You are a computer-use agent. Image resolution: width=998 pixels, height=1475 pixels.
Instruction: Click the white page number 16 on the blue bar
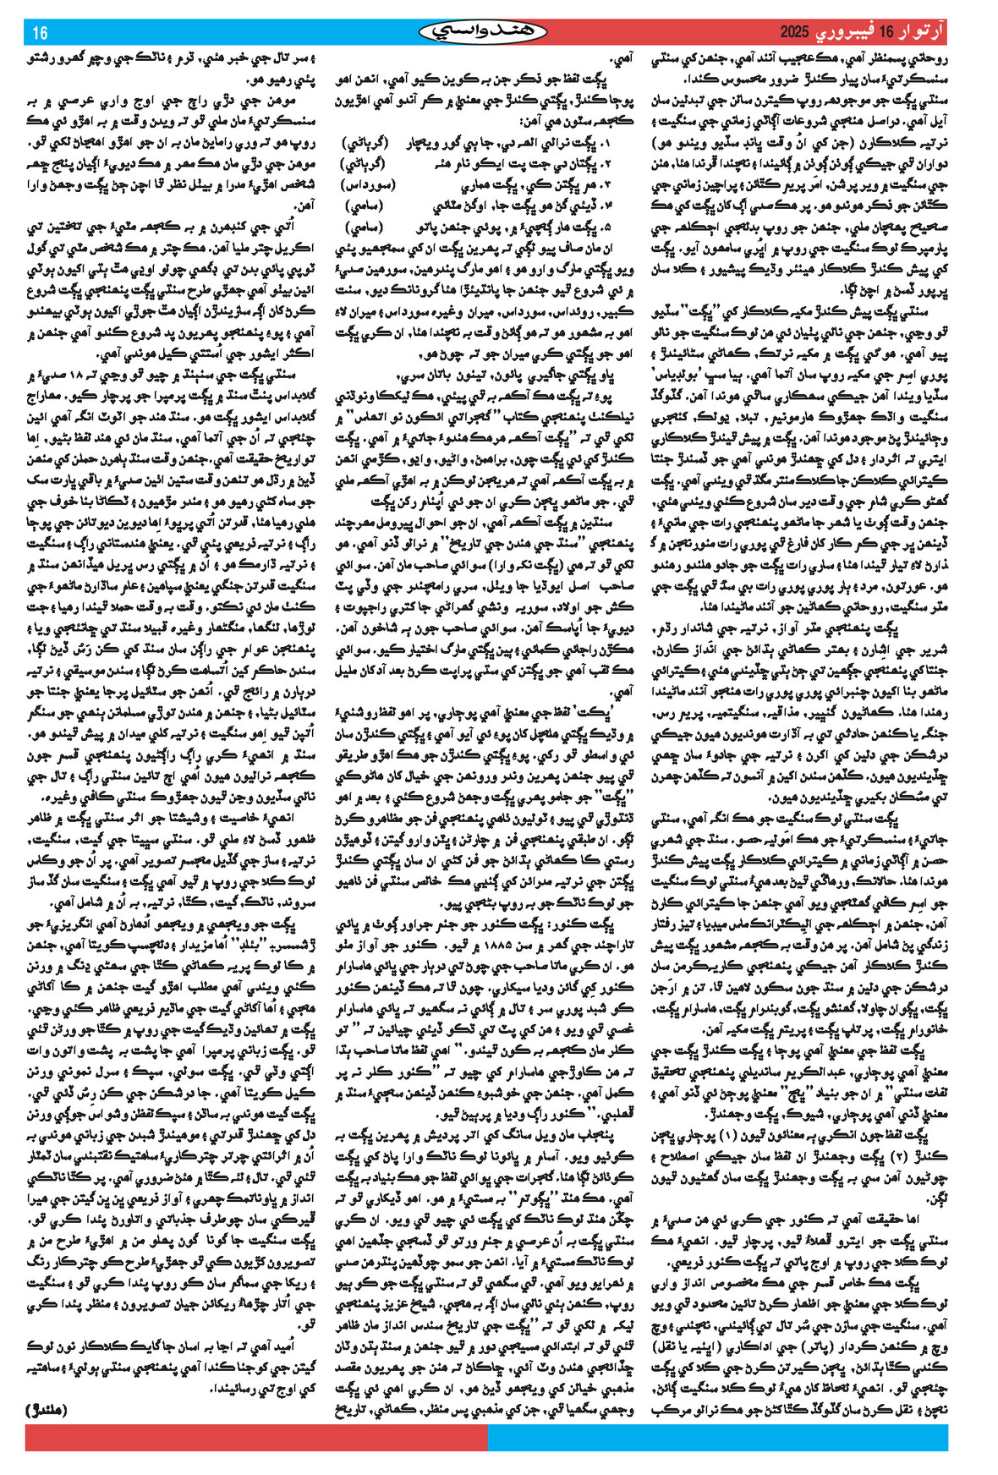pos(39,34)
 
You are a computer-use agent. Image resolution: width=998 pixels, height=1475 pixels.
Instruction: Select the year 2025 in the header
pos(795,33)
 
